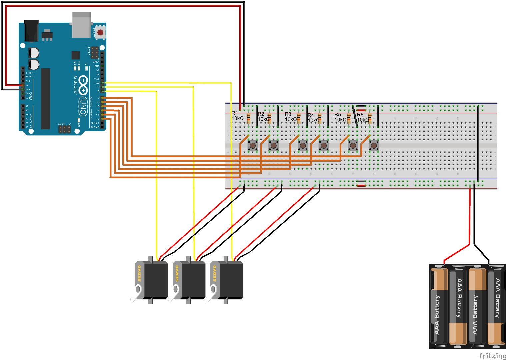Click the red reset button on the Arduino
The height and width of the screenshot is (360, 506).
[100, 33]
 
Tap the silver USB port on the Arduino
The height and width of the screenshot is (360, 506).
[81, 25]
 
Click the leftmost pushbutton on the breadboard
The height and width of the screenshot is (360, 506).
[253, 146]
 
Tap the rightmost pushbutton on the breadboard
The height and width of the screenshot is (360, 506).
[374, 146]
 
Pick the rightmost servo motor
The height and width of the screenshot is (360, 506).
[227, 280]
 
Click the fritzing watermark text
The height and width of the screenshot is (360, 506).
[492, 355]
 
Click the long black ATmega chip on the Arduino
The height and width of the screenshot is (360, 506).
[45, 99]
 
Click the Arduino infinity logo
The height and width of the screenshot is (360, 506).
[83, 85]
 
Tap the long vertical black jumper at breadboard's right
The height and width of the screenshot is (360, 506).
[478, 143]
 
